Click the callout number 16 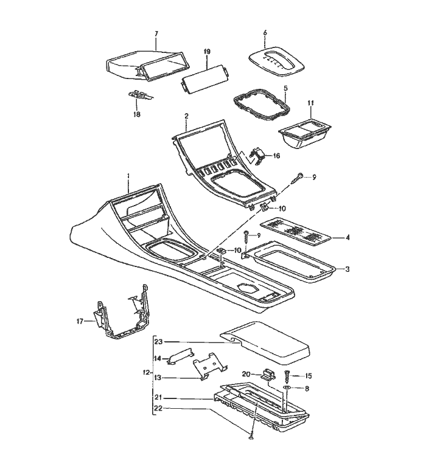(276, 156)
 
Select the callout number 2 (186, 116)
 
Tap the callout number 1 (128, 176)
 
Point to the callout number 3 (347, 269)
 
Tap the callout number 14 (158, 359)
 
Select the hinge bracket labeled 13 (208, 367)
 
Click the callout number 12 (145, 372)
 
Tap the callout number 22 (158, 408)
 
